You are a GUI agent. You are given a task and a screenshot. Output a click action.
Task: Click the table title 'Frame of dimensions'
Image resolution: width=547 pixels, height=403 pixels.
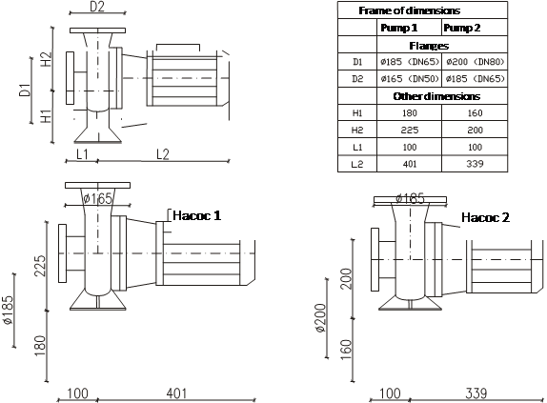409,10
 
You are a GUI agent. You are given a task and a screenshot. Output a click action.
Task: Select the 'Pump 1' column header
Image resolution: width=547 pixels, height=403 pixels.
398,28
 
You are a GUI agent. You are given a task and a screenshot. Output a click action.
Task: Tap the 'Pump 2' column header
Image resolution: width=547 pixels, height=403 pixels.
461,28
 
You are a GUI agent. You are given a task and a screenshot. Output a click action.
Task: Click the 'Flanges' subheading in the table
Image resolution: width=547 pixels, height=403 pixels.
429,46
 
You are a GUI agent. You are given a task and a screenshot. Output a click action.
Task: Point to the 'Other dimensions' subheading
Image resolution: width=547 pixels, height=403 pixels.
436,96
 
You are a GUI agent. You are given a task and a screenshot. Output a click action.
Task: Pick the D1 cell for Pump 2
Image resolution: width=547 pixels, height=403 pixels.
476,62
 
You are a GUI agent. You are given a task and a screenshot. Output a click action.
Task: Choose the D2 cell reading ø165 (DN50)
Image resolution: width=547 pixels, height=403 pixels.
410,79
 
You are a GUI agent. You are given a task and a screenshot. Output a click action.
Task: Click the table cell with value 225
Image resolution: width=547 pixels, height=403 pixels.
410,130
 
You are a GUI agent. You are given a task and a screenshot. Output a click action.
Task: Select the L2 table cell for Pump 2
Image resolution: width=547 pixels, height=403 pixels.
475,164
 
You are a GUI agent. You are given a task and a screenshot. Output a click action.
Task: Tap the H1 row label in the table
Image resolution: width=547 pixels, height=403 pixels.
357,113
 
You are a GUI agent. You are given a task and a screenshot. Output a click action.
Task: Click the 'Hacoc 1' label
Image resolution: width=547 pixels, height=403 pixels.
196,215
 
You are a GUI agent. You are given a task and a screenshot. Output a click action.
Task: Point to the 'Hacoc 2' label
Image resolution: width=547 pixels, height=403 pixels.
485,217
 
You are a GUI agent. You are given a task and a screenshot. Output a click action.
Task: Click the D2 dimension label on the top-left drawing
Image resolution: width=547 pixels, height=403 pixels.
97,7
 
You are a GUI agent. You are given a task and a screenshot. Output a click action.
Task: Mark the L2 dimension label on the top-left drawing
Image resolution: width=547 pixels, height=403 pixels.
163,154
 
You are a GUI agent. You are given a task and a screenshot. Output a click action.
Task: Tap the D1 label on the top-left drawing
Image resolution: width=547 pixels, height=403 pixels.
25,90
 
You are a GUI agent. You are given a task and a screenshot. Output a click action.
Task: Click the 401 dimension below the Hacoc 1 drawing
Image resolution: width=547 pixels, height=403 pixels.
176,393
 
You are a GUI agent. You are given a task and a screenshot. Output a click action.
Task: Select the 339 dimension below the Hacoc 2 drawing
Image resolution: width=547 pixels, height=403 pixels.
476,393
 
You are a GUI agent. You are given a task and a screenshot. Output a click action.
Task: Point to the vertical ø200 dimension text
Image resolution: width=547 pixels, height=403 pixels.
320,318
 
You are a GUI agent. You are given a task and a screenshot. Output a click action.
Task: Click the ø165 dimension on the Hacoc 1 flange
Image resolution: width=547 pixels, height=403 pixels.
98,199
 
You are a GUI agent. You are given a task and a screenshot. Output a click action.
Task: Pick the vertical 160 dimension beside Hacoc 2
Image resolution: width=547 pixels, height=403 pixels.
345,350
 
